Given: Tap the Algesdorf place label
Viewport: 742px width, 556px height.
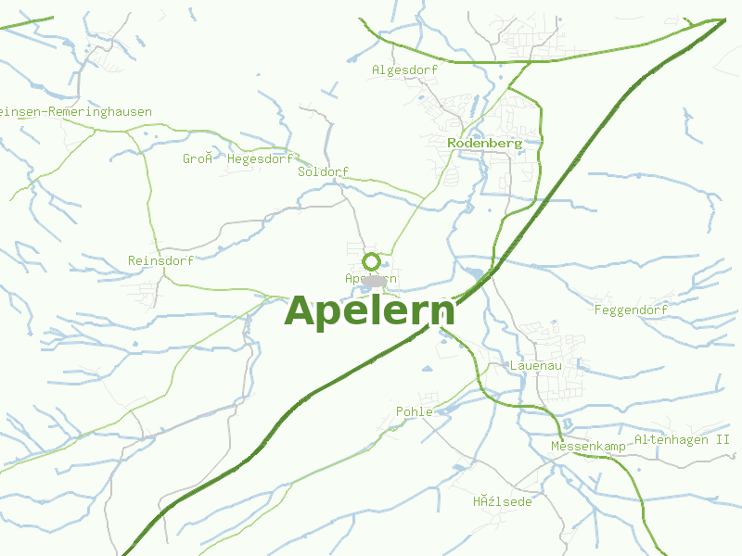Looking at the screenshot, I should tap(404, 69).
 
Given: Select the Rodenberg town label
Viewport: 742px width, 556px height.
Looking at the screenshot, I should tap(484, 144).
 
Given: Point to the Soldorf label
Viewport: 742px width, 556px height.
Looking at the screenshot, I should tap(323, 172).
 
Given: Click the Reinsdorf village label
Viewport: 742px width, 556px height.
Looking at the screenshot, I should tap(160, 260).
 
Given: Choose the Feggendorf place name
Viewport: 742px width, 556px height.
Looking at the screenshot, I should tap(631, 310).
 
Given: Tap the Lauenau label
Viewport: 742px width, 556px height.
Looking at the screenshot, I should tap(536, 366).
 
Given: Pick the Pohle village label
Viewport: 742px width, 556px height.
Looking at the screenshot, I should tap(414, 411).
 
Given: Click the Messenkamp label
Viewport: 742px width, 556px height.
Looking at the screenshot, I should tap(588, 447).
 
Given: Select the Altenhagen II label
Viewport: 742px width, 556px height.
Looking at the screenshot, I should tap(682, 439).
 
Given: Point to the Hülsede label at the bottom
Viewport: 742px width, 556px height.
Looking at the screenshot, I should tap(502, 501).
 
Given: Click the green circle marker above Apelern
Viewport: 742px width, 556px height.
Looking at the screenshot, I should tap(372, 261).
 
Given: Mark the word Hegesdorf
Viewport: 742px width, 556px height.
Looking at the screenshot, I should tap(260, 158).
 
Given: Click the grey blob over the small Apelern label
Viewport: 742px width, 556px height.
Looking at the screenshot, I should tap(374, 279).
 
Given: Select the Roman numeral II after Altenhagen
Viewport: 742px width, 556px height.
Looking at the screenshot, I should tap(723, 439).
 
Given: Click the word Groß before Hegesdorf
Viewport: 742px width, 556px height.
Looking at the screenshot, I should tap(198, 158).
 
